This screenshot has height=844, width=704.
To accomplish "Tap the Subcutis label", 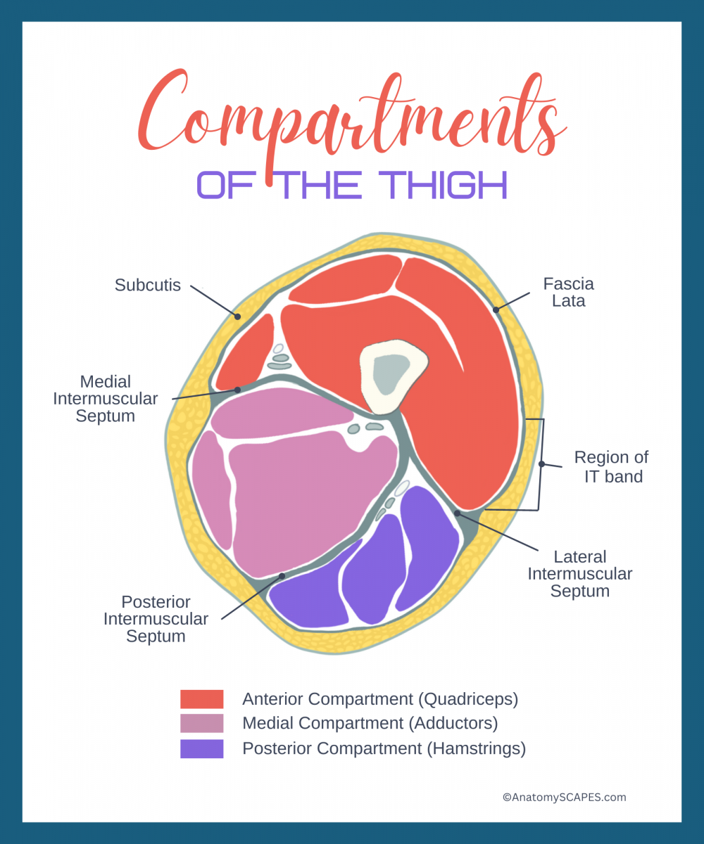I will point(148,286).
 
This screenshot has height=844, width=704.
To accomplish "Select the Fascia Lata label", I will point(568,293).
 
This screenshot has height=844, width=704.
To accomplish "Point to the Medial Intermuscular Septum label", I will point(106,399).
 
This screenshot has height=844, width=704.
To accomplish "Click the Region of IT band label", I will point(611,467).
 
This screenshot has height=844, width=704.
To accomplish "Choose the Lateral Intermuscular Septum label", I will point(580,574).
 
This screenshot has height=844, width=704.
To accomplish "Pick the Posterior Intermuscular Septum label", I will point(156,619).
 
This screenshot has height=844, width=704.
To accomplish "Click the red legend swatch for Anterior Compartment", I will point(201,699).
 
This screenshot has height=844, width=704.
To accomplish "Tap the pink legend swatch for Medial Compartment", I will point(201,724).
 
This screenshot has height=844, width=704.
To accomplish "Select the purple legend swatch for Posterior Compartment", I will point(201,748).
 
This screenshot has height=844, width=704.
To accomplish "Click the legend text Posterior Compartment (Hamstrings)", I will point(384,748).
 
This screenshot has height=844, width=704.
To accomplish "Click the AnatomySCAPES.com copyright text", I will point(564,798).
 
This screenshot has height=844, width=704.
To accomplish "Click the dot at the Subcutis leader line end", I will point(238,316).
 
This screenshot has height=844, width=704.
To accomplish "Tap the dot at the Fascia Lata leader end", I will point(496,309).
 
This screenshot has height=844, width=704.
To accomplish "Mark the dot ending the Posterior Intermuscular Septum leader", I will point(282,576).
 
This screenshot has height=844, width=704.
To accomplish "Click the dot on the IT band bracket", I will point(541,463).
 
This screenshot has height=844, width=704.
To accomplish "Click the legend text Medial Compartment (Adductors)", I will point(370,724).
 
